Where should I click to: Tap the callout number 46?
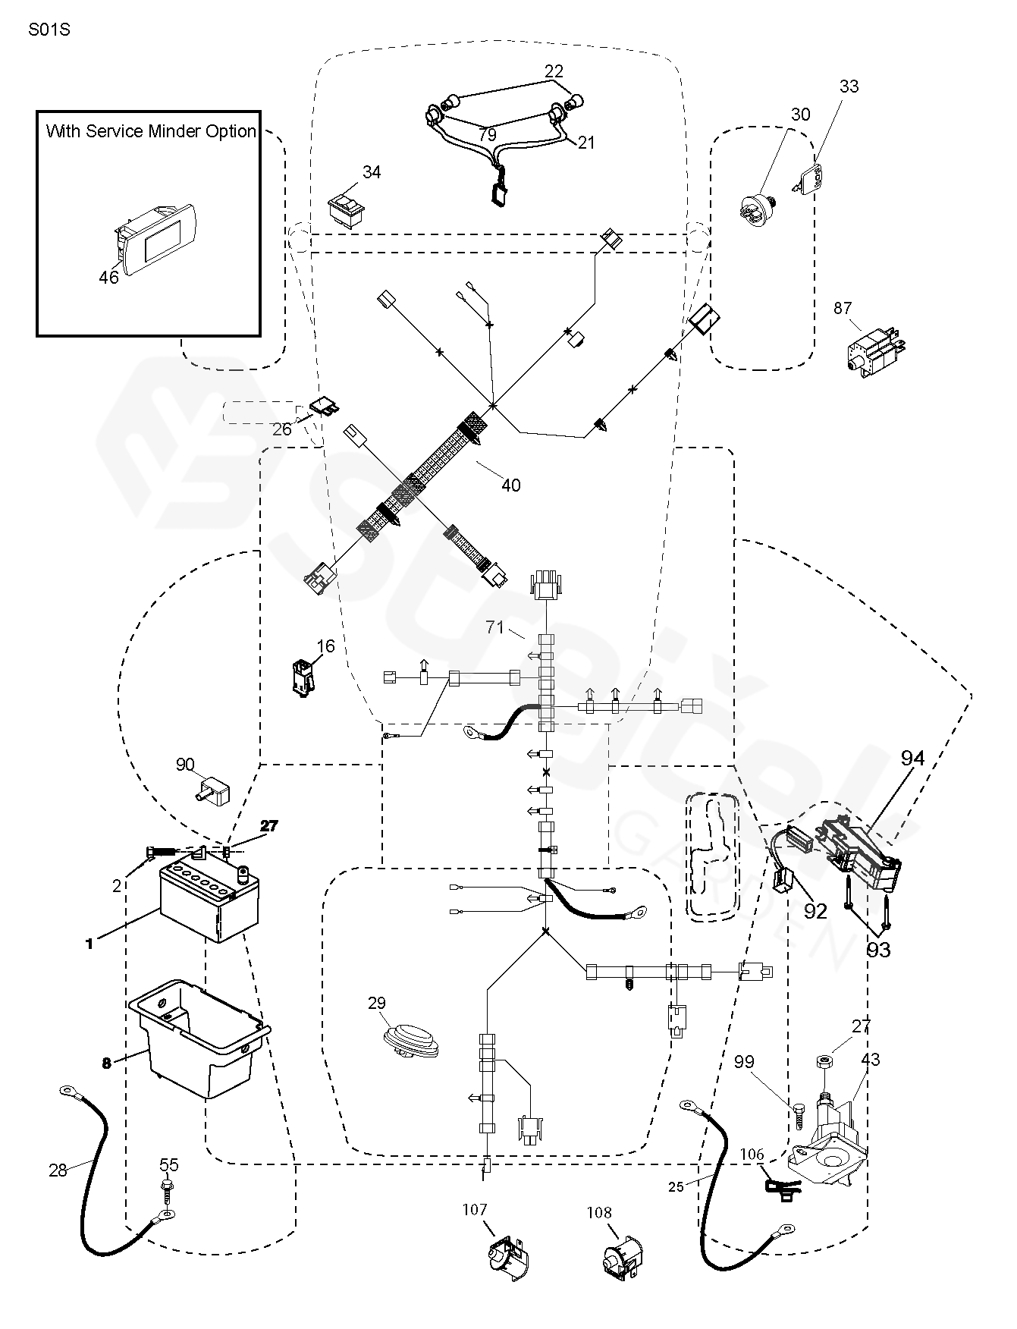click(x=109, y=278)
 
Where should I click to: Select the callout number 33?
click(x=849, y=86)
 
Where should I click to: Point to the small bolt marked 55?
click(x=168, y=1186)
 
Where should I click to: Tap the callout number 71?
click(x=495, y=627)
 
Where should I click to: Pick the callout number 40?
click(x=511, y=485)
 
